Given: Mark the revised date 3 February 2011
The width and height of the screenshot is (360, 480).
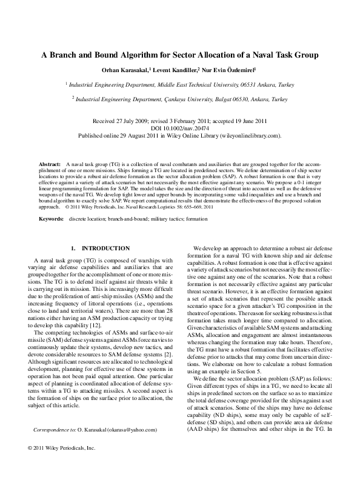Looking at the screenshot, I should tap(193, 121).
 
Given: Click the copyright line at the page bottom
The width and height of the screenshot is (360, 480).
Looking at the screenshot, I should tap(58, 465).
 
